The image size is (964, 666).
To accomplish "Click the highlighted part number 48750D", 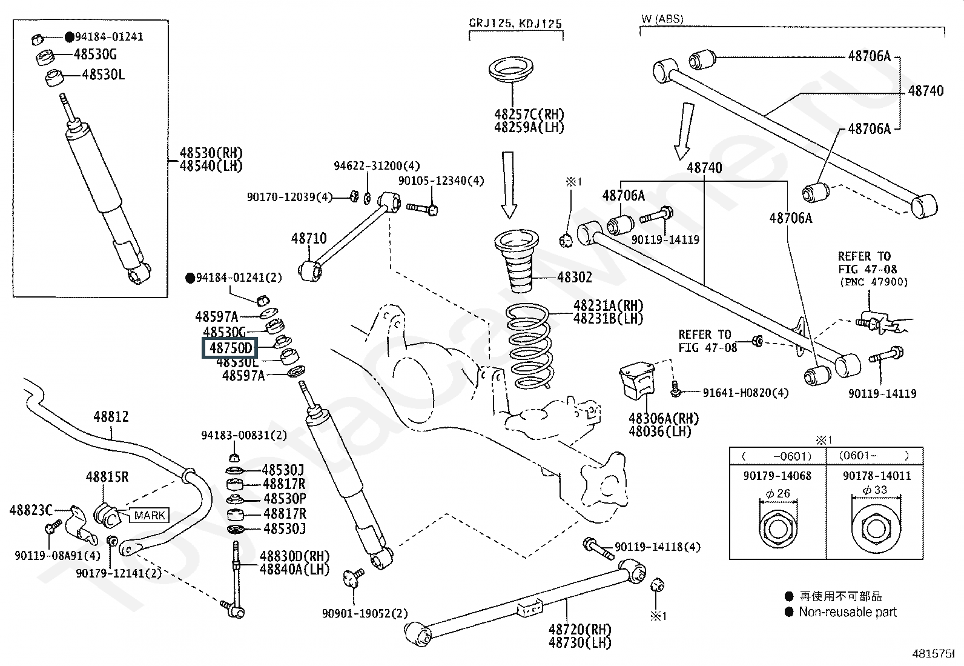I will pos(230,348).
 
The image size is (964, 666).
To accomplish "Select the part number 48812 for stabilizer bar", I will pos(111,417).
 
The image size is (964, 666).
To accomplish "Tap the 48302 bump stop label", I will pos(575,278).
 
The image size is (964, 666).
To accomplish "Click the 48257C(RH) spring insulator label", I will pos(529,114).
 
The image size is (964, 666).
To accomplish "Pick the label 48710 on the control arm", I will pos(309,238).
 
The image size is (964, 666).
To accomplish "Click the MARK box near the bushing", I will pos(150,515).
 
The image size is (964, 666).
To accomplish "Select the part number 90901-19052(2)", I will pos(365,613).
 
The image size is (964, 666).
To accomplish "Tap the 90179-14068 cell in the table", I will pos(777,476).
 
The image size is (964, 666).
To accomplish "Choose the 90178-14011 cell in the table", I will pos(876,476).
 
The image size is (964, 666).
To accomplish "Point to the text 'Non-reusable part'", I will pos(847,612).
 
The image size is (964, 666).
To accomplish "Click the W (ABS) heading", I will pos(662,19).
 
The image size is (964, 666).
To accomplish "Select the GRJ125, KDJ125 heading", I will pos(515,24).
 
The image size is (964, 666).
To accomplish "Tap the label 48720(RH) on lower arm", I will pos(579,630).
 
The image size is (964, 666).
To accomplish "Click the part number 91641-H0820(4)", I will pos(745,393).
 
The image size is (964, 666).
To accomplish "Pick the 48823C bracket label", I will pos(31,510).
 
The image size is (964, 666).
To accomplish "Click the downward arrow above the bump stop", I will pos(509,185).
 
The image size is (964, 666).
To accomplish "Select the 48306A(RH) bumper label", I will pos(663,418).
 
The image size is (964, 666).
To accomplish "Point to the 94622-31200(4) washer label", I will pos(377,165).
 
